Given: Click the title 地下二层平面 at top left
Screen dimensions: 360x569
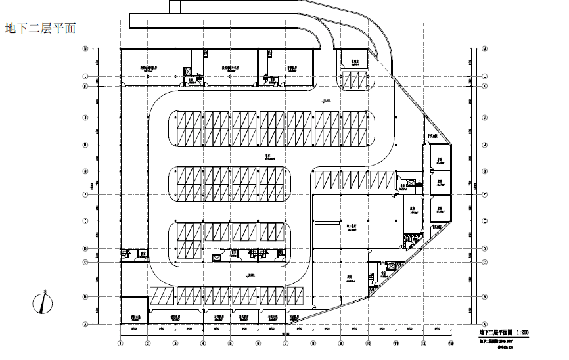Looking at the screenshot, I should pyautogui.click(x=40, y=28).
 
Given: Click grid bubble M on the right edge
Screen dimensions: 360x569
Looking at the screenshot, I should pyautogui.click(x=484, y=49).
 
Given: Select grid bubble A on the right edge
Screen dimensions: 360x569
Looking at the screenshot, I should pyautogui.click(x=484, y=324).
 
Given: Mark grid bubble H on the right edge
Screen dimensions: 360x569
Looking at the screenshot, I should pyautogui.click(x=484, y=145).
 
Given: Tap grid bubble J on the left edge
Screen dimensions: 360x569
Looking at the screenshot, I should pyautogui.click(x=85, y=118).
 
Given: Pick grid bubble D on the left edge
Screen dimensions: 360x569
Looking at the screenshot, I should pyautogui.click(x=85, y=249).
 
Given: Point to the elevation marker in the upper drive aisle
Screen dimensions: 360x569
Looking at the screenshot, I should pyautogui.click(x=327, y=100).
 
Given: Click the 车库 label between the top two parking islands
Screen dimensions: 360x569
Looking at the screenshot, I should pyautogui.click(x=269, y=157).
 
